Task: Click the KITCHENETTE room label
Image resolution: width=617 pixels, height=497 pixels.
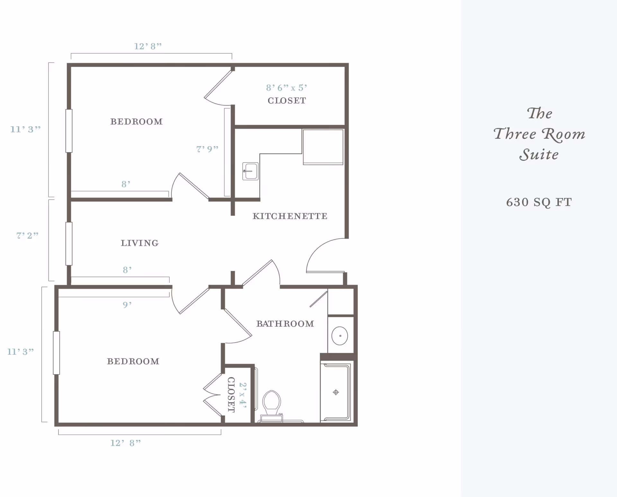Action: point(290,216)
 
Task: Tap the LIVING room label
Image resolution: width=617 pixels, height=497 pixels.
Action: point(139,243)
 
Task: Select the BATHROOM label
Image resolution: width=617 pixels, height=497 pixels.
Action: point(285,324)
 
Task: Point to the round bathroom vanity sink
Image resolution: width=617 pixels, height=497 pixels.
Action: point(340,336)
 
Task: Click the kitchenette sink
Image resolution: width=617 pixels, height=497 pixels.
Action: point(250,171)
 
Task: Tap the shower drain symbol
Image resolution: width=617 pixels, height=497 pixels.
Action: point(336,392)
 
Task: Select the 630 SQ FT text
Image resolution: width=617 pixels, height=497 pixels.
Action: point(539,202)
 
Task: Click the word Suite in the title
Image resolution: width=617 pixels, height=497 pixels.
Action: point(539,155)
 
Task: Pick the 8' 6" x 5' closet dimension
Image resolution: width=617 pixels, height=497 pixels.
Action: point(286,88)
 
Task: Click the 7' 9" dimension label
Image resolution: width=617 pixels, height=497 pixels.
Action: point(207,149)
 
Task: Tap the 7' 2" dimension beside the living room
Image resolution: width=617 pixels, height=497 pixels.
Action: point(27,235)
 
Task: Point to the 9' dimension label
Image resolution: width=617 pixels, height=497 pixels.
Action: point(127,305)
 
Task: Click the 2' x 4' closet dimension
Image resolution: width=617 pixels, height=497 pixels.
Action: point(243,395)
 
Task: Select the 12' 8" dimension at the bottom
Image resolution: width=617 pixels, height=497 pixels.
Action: point(126,443)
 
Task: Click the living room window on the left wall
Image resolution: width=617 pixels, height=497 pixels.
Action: point(69,244)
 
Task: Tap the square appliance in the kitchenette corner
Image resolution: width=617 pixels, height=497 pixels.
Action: point(323,147)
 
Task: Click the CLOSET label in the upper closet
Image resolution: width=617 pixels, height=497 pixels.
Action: point(287,101)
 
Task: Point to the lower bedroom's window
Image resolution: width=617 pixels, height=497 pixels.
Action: point(57,353)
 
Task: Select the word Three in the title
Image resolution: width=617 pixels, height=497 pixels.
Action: point(515,134)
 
